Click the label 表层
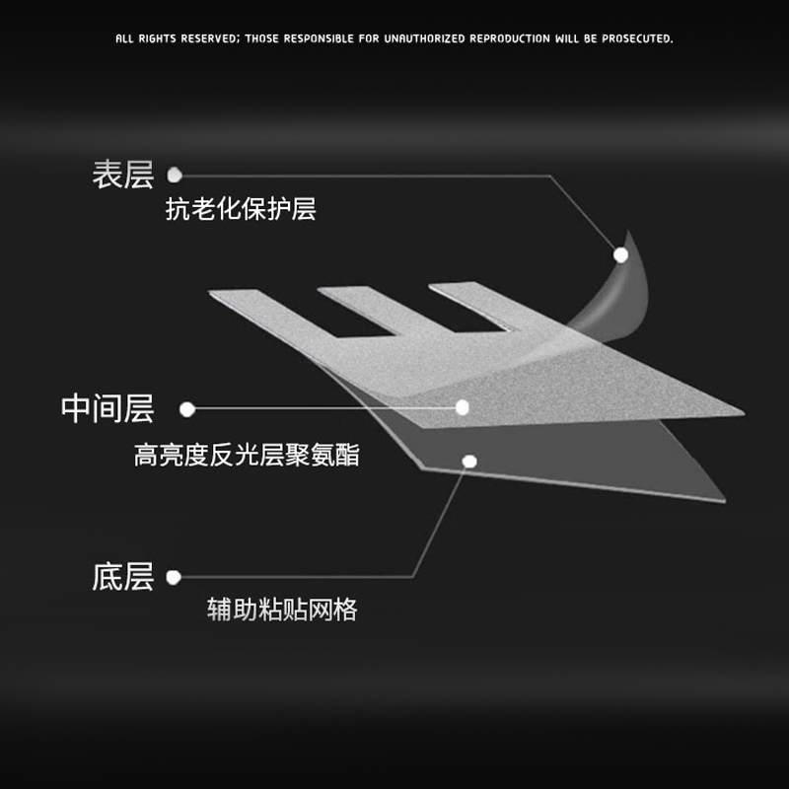coord(123,176)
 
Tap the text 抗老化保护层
coord(241,210)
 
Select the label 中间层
coord(108,408)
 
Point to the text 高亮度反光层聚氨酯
coord(247,456)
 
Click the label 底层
coord(123,577)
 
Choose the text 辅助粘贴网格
coord(282,610)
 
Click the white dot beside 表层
coord(175,175)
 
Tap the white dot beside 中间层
coord(187,408)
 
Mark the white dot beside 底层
coord(174,578)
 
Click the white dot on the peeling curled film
coord(620,254)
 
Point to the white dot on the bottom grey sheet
coord(469,461)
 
